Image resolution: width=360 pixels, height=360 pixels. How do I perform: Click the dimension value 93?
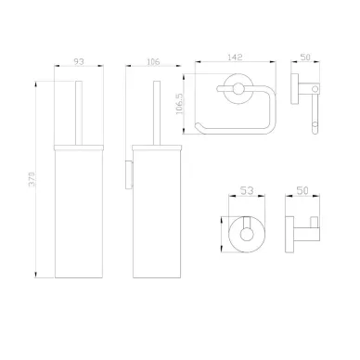(x=79, y=61)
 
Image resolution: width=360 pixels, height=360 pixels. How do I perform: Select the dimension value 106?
(x=153, y=61)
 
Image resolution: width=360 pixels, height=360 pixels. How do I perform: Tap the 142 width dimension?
(x=235, y=58)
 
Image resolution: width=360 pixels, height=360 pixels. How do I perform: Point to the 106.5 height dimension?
(x=180, y=104)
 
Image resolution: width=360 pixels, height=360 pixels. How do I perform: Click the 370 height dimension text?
(x=32, y=179)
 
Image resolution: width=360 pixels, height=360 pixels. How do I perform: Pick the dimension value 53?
(x=247, y=190)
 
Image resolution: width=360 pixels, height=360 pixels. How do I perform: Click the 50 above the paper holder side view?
(x=305, y=58)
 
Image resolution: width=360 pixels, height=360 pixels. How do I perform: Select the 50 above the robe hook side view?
(x=302, y=190)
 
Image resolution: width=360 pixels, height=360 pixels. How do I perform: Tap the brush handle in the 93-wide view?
(x=79, y=113)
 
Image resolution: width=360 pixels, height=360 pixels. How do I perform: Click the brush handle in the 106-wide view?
(x=157, y=113)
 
